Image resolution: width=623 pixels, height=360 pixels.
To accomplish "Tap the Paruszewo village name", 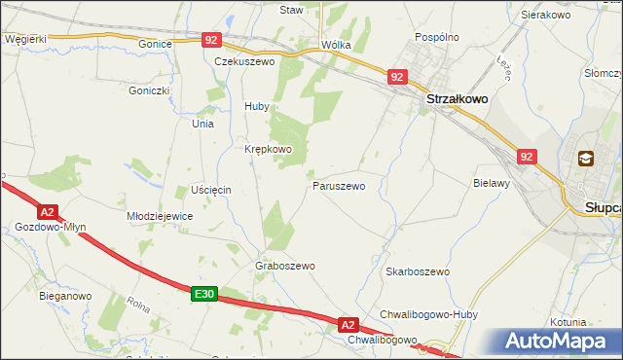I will pos(339,185).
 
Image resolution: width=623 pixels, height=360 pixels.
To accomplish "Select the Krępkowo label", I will pos(268,149).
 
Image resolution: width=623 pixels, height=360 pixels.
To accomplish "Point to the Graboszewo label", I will pos(285,266).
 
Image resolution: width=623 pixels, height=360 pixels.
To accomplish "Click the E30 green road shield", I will pos(203,294).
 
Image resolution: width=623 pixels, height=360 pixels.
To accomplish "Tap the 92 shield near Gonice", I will pos(213,40).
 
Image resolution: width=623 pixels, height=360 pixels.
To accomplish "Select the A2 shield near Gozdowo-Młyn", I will pos(47,211).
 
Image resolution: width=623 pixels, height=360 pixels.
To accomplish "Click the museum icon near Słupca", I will pos(586,159).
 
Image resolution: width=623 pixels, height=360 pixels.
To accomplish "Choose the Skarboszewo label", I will pos(417,272).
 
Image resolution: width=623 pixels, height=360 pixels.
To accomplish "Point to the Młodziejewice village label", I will pos(161,216).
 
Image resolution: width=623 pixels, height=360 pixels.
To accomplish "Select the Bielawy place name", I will pos(492,183).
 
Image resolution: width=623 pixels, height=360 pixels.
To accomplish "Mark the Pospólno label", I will pos(436,36).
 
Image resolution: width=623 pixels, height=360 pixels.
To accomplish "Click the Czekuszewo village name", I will pos(245,61).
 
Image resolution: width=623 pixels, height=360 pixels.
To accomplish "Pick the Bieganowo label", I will pos(65,295).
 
